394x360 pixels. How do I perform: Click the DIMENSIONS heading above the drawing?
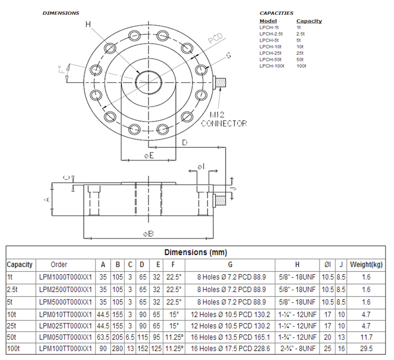(x=60, y=13)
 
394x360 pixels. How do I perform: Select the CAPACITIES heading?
(x=276, y=13)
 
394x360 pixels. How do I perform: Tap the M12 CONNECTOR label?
(x=224, y=119)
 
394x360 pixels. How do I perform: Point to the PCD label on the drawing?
(x=215, y=40)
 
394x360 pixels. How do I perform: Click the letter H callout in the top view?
(x=88, y=24)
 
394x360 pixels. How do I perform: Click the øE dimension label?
(x=149, y=156)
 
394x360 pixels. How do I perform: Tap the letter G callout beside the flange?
(x=228, y=55)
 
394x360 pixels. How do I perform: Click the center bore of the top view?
(x=148, y=81)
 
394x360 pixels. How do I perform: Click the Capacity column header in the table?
(x=20, y=264)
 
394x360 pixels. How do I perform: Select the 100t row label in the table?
(x=14, y=348)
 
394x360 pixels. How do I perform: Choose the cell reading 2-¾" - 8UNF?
(x=297, y=348)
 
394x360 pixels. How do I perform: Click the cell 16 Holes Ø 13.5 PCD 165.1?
(x=230, y=336)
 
